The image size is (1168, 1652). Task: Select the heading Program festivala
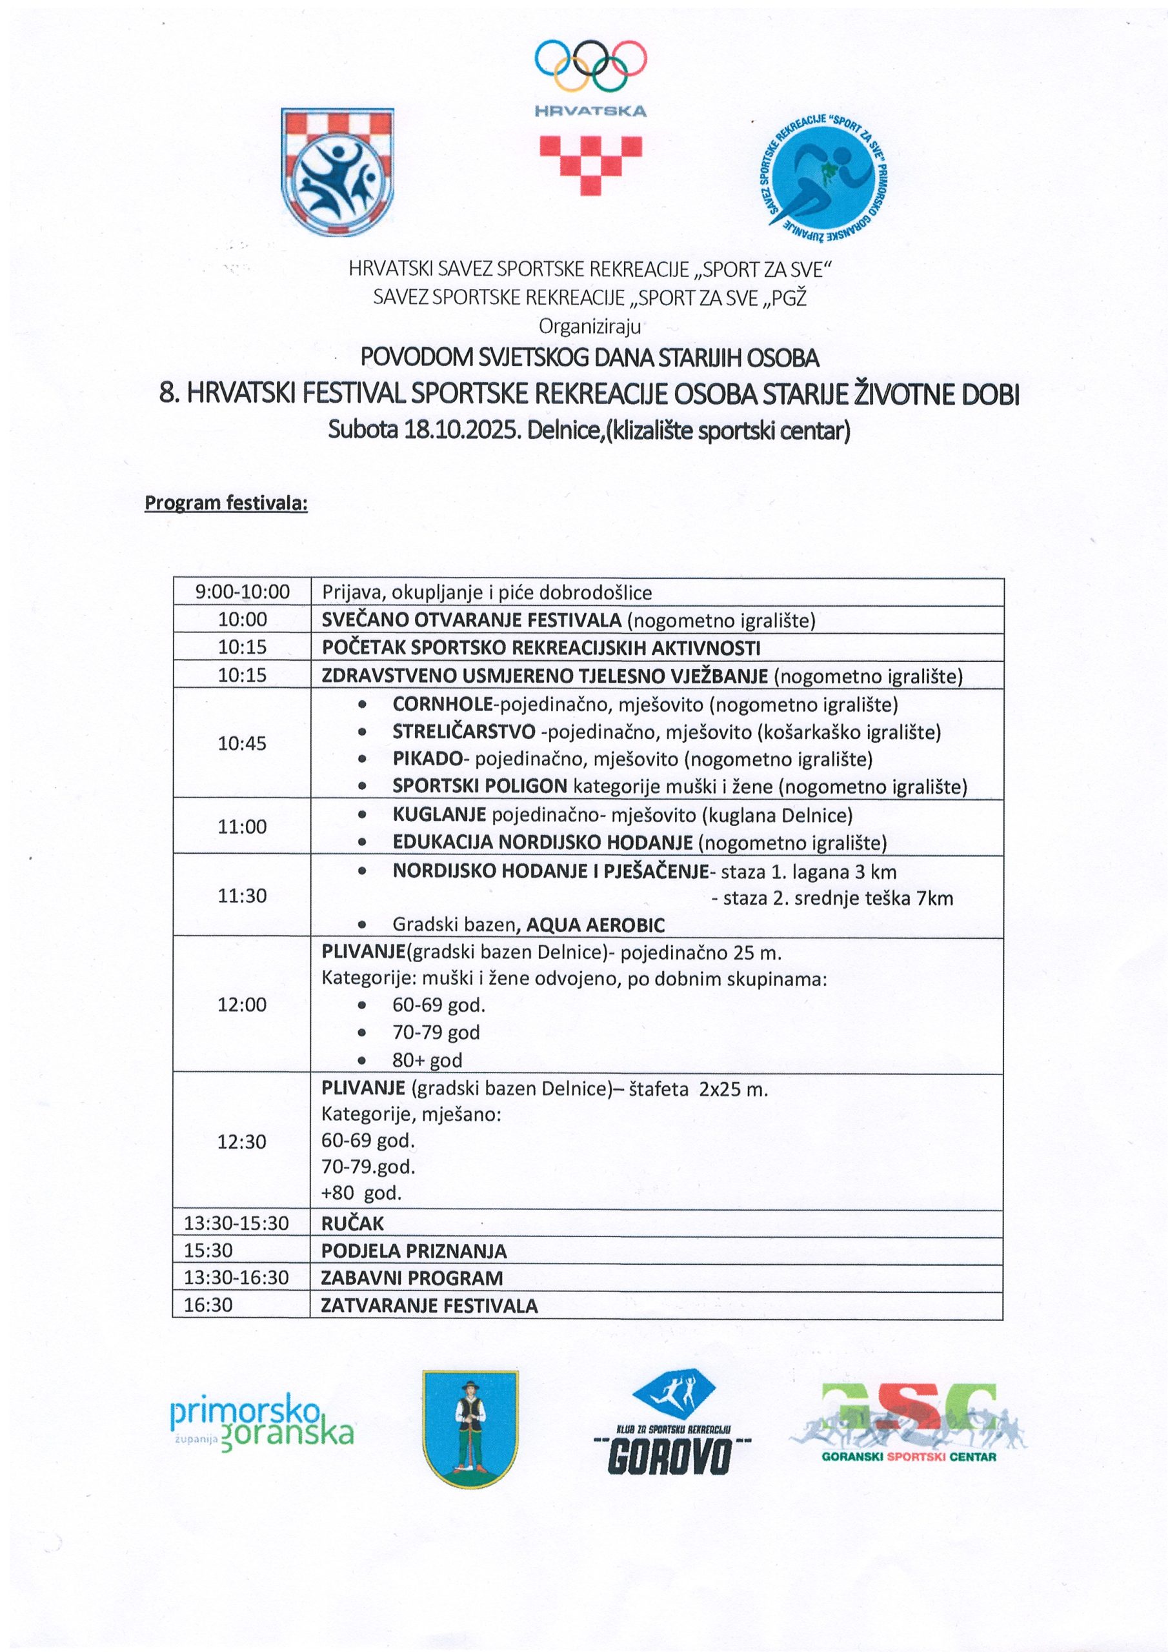[226, 503]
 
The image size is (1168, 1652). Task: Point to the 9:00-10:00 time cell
[243, 592]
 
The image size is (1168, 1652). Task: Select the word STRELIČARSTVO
[463, 732]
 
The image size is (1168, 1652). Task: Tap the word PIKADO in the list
[427, 759]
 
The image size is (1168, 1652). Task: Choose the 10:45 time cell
[243, 743]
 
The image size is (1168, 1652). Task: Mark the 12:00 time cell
[242, 1005]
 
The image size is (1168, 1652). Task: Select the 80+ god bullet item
[427, 1060]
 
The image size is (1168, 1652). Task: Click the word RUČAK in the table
[352, 1223]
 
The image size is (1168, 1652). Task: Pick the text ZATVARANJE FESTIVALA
[429, 1305]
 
